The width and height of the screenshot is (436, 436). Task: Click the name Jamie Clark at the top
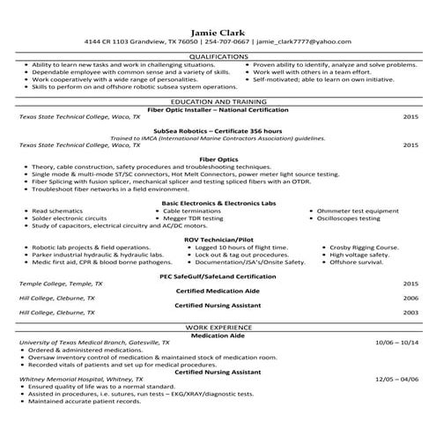click(217, 27)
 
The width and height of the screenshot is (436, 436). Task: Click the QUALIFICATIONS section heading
click(217, 55)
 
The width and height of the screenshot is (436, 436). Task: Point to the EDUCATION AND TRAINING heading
click(217, 102)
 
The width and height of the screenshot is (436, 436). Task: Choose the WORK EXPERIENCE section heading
click(217, 327)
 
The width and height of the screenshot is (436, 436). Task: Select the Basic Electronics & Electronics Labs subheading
click(217, 203)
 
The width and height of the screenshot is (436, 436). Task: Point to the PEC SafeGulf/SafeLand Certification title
click(217, 277)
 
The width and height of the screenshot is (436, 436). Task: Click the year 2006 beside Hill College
click(410, 298)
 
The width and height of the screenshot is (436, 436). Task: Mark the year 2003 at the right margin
click(410, 312)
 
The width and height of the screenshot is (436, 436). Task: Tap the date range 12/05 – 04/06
click(395, 379)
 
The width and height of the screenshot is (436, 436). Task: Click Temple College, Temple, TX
click(60, 284)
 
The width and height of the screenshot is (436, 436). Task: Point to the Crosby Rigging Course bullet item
click(361, 248)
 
